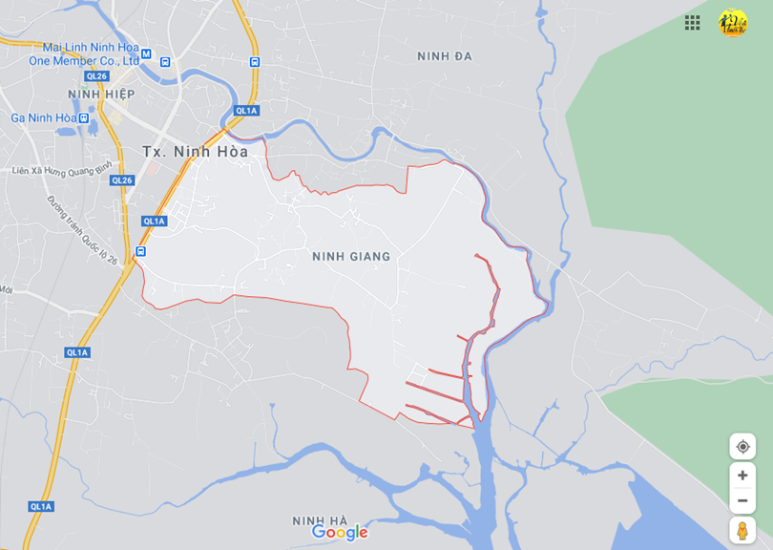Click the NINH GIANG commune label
tap(351, 256)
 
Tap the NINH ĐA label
tap(445, 56)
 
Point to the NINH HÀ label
tap(320, 520)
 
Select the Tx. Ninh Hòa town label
tap(195, 152)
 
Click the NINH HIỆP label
tap(101, 94)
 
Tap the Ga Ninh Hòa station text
tap(44, 117)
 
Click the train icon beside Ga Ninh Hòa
tap(84, 118)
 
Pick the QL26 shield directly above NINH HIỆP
tap(95, 76)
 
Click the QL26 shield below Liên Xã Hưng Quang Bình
tap(121, 180)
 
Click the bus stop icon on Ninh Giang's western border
tap(140, 251)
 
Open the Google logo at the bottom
tap(340, 533)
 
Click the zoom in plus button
tap(742, 475)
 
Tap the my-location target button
tap(742, 446)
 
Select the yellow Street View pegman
tap(742, 530)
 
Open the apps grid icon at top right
tap(693, 23)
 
